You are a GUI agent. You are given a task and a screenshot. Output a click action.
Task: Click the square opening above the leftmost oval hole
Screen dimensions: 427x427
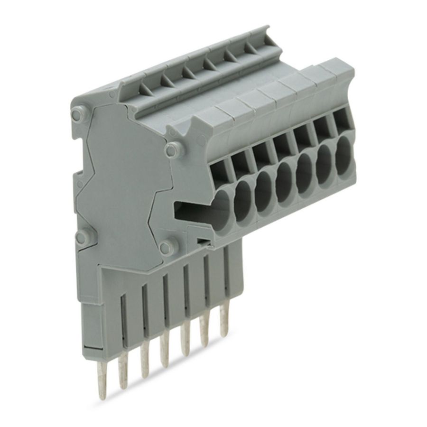[220, 166]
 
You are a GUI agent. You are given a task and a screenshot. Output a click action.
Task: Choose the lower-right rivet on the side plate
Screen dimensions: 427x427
[166, 245]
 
